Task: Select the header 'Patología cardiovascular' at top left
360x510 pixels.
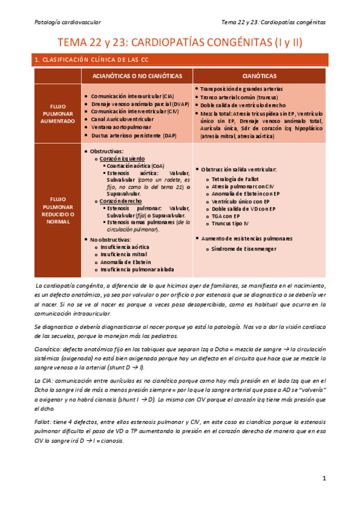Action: [67, 22]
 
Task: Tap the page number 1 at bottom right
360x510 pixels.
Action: [323, 479]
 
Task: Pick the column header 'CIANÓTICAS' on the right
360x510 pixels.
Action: [260, 76]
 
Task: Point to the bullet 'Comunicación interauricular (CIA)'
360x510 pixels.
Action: [133, 96]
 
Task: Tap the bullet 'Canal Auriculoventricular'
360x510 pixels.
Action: [123, 120]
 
